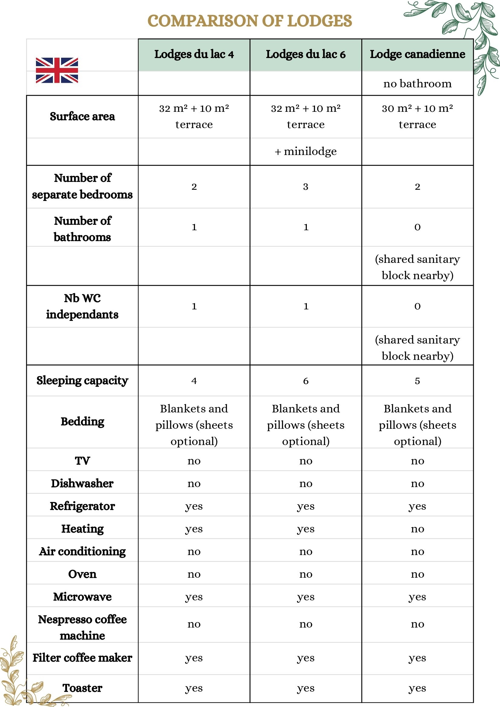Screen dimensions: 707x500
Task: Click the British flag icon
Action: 57,70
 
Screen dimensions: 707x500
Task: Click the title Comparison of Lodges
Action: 249,21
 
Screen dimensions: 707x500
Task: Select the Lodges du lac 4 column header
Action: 194,54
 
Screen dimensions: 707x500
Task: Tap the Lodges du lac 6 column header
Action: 305,54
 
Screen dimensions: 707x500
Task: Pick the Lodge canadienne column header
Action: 417,54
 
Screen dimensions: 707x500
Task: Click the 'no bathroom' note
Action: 417,83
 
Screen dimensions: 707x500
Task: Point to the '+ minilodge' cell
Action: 305,151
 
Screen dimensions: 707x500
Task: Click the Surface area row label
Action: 82,116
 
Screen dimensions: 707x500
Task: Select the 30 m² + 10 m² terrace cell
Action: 417,116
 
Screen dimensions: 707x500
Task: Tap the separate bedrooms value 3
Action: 305,187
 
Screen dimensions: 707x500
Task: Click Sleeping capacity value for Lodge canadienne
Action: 417,381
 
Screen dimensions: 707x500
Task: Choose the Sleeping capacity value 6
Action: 305,381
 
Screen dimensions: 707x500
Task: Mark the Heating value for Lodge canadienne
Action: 417,529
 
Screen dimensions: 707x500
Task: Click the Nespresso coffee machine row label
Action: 82,627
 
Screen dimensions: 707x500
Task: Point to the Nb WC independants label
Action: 82,306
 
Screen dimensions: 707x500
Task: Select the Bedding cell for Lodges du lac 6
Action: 305,425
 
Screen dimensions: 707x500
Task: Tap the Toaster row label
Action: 82,688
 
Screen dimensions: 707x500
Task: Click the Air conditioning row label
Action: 82,551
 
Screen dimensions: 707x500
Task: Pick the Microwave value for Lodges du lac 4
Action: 194,596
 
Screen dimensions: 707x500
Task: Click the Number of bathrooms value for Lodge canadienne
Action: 417,227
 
